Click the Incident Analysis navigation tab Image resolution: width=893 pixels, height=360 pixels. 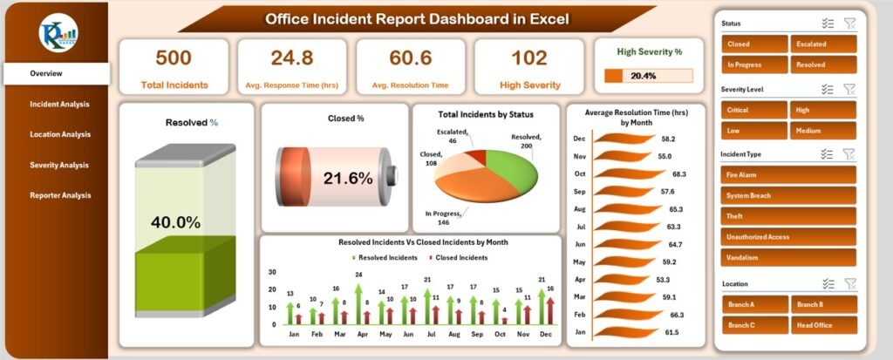pos(59,105)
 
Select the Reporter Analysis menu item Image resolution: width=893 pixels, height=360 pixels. pos(59,195)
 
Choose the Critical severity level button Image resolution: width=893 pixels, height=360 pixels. pos(753,109)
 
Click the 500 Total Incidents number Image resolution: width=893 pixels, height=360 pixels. pos(174,58)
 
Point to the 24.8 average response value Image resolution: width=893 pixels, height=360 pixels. pos(292,58)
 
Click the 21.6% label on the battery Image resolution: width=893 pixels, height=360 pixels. pos(348,178)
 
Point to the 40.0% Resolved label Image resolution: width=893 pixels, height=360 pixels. pos(177,223)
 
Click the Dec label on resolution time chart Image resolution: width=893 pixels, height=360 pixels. pos(579,139)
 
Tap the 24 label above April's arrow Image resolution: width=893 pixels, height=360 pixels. pos(358,275)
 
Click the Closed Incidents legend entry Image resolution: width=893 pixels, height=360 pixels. pos(459,257)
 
